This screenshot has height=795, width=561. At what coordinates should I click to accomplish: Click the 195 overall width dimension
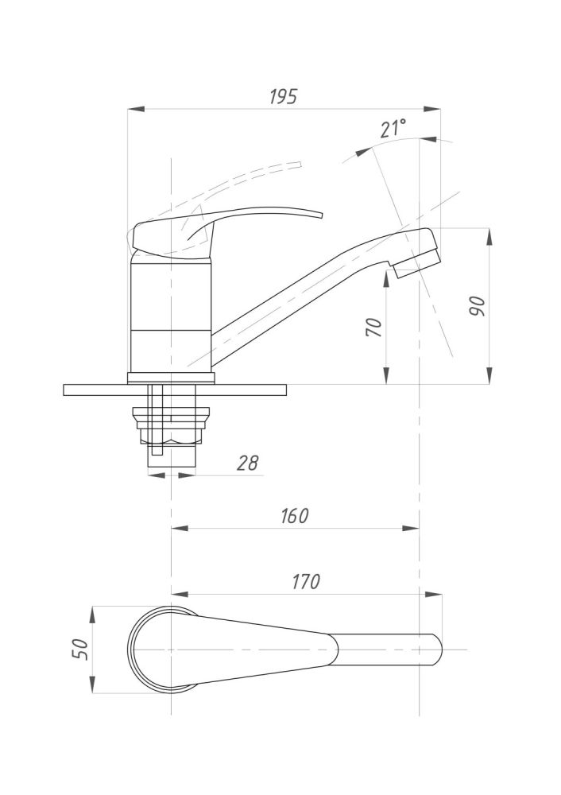[282, 97]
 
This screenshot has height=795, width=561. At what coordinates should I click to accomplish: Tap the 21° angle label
[393, 128]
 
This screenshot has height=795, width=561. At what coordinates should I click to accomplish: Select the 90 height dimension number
[478, 306]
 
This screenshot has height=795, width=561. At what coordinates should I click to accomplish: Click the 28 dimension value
[248, 463]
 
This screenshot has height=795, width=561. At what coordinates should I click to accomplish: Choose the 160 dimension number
[293, 515]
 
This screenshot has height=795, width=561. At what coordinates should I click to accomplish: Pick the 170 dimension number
[305, 581]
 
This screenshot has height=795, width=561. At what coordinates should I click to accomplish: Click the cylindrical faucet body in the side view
[170, 318]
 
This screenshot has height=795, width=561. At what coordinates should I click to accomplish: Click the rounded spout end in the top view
[435, 650]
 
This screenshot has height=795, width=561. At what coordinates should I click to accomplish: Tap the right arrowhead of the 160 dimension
[415, 527]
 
